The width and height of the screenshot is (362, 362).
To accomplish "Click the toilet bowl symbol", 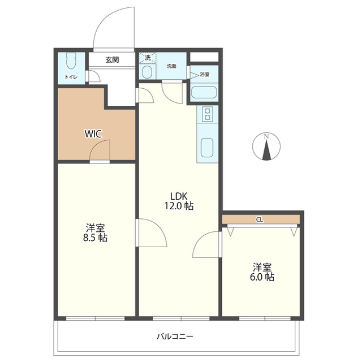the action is point(71,61).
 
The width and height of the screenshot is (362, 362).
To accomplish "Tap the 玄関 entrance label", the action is point(112,60).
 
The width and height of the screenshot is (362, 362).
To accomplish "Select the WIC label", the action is point(93,134).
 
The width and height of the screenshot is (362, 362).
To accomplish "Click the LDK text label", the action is point(179,196).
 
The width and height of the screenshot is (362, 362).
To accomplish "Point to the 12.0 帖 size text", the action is point(179,206).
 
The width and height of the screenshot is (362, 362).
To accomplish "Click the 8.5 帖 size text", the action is point(95,238).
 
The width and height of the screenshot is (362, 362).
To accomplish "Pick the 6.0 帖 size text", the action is point(262,277).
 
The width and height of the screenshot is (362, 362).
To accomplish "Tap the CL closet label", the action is point(260,220).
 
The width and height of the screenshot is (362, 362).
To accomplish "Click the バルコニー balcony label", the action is point(175,337).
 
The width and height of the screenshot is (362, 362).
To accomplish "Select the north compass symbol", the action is point(266,146).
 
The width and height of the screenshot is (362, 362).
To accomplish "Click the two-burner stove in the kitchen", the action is point(207,114).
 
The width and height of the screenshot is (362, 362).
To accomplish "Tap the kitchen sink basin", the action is point(207,148).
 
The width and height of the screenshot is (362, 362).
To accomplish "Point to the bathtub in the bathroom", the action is point(204,92).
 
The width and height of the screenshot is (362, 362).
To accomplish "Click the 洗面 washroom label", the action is point(171,66).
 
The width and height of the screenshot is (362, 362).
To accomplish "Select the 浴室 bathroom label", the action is point(205,75).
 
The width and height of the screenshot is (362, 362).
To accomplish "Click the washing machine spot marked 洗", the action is point(148,58).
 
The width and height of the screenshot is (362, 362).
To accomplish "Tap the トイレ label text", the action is point(71,77).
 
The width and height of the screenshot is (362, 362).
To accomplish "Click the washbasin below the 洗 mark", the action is point(146,72).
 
